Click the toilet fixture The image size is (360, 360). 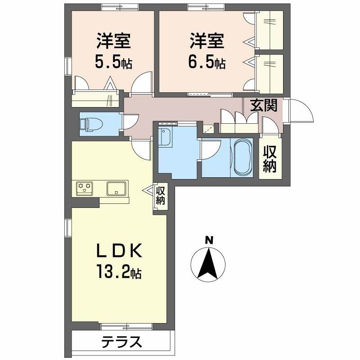tap(90, 123)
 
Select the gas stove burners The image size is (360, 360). tap(84, 188)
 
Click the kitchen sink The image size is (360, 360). tap(117, 188)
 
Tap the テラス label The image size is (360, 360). tap(121, 342)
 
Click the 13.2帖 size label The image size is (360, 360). tap(118, 271)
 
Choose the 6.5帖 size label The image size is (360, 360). tap(207, 62)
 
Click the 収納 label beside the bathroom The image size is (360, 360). tap(270, 159)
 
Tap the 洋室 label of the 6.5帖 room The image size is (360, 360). tap(207, 41)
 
